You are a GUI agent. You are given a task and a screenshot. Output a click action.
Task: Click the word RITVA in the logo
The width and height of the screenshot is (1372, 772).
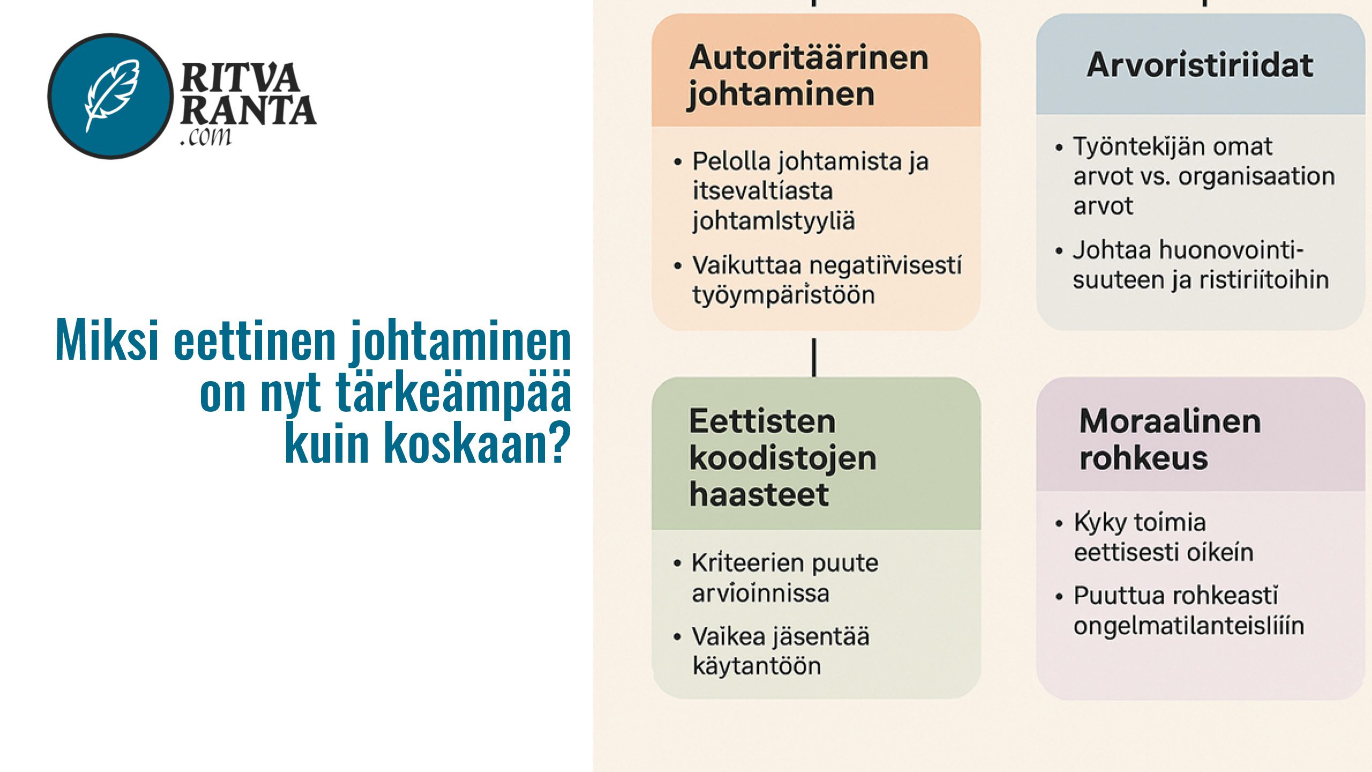(x=240, y=78)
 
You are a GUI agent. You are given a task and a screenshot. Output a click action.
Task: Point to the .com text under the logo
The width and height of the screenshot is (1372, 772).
(x=206, y=137)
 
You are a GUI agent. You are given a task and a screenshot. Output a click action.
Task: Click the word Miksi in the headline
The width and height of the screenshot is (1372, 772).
(x=107, y=340)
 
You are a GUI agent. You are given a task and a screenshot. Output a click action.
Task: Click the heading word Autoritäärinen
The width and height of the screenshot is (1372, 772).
(x=809, y=58)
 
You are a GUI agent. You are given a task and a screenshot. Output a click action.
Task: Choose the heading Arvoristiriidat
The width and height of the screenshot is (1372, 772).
(x=1200, y=65)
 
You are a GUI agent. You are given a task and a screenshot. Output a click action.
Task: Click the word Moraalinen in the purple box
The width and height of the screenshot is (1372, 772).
(x=1170, y=421)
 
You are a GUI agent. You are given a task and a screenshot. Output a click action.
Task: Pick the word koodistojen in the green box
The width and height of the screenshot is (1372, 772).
(x=782, y=458)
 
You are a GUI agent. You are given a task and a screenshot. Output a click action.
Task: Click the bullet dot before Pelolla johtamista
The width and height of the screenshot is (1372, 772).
(x=678, y=162)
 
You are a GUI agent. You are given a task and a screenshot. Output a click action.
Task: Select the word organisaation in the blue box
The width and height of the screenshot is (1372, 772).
(x=1256, y=176)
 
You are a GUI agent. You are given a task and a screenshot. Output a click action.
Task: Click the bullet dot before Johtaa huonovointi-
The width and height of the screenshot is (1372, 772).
(x=1059, y=251)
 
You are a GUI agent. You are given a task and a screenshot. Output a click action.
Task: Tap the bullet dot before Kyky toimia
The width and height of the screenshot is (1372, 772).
(x=1059, y=523)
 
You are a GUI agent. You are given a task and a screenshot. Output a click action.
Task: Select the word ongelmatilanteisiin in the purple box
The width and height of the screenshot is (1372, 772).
(x=1189, y=626)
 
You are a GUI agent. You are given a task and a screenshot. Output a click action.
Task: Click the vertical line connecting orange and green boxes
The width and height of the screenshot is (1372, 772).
(x=814, y=357)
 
